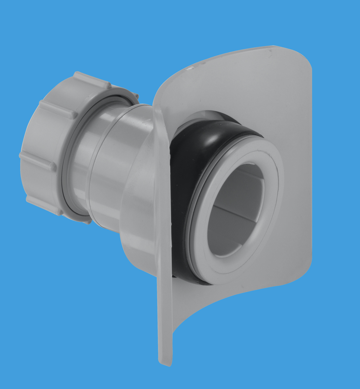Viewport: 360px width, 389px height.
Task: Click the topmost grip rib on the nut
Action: click(x=92, y=79)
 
